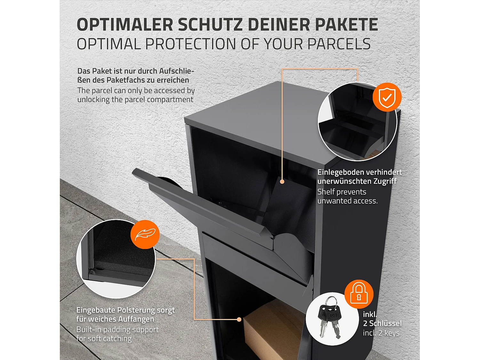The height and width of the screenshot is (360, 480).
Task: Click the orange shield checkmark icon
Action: click(x=387, y=97)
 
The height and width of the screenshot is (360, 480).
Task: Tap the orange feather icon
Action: click(x=145, y=234)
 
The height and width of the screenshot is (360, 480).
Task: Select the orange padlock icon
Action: click(x=359, y=294)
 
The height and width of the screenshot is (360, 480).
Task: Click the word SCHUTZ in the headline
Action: click(x=210, y=25)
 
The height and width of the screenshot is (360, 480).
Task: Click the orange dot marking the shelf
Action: click(x=282, y=181)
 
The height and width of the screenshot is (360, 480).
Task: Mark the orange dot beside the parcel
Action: click(x=239, y=319)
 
